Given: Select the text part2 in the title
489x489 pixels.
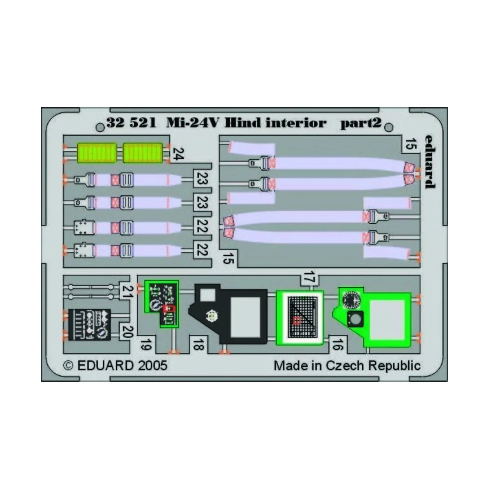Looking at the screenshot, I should (361, 123).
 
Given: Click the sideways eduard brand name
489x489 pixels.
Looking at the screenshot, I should (428, 161).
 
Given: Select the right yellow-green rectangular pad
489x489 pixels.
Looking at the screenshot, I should (142, 152).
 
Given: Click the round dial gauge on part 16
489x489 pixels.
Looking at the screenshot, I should (351, 301).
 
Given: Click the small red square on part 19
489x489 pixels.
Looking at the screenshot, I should (167, 308).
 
